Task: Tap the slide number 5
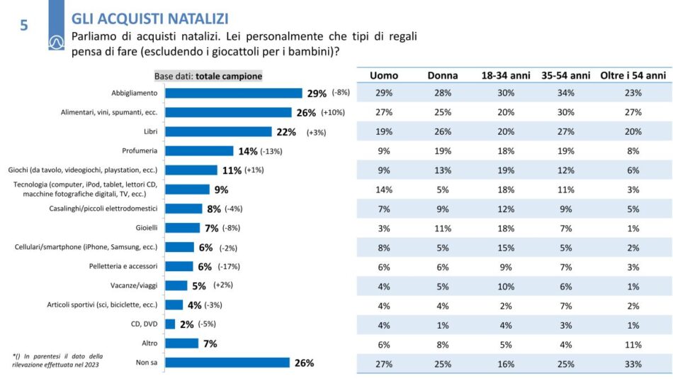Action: [24, 26]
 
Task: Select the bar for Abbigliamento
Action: [234, 93]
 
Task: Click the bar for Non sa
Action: [227, 363]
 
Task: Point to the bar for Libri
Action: [218, 131]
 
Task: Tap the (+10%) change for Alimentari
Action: [333, 112]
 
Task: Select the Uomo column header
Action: [384, 75]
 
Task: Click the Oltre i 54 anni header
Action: [633, 75]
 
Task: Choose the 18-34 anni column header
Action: [504, 75]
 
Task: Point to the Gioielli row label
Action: [146, 228]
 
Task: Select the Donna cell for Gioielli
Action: [442, 228]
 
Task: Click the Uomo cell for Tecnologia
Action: [384, 189]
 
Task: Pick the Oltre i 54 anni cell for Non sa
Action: [633, 363]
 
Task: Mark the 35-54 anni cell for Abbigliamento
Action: [565, 93]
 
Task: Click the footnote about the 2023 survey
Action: [57, 361]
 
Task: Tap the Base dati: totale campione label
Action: [208, 76]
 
